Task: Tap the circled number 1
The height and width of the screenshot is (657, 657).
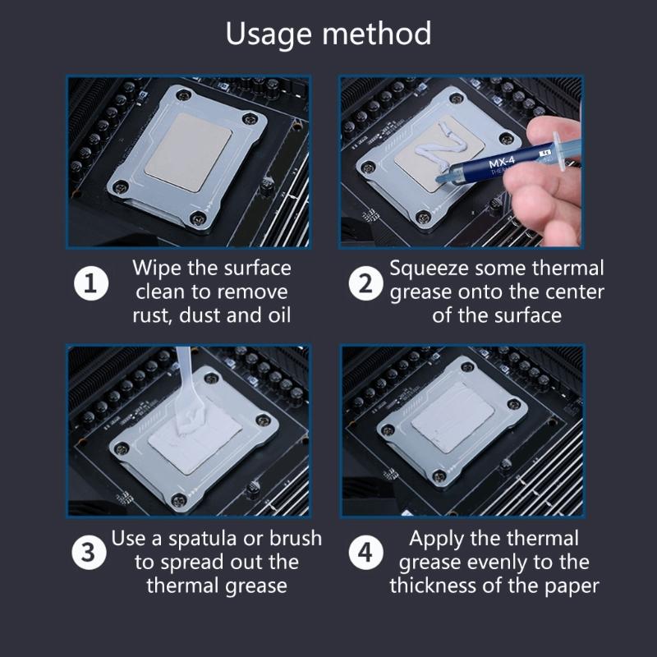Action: [x=91, y=284]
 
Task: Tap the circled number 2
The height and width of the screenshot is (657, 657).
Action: [x=365, y=284]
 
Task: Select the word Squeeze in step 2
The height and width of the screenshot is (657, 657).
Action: [x=425, y=269]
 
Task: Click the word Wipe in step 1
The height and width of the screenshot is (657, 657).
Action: [x=158, y=269]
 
